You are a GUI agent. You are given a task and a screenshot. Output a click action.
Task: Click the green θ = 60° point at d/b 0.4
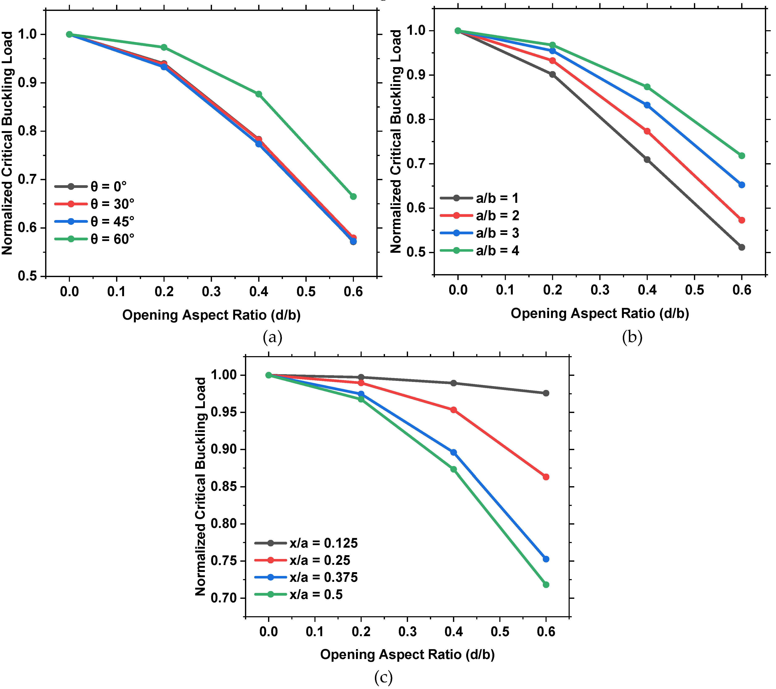pos(259,94)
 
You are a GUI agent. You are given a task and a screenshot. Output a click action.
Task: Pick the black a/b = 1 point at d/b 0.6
pos(741,247)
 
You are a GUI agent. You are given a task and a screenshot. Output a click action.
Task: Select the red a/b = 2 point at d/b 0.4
pos(647,131)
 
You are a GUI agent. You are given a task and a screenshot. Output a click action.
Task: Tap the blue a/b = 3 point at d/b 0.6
pos(741,185)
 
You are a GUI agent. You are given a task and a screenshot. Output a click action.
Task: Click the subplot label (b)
pos(632,337)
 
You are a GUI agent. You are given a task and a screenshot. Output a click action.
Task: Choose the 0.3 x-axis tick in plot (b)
pos(600,290)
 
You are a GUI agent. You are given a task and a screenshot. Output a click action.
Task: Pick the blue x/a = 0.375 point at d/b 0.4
pos(453,452)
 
